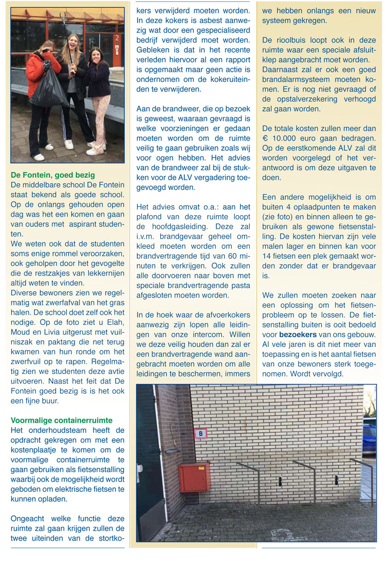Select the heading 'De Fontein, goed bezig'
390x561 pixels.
click(53, 175)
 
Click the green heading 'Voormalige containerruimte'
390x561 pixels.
click(61, 420)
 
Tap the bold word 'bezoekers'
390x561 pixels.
click(297, 335)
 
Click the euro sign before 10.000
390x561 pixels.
click(266, 138)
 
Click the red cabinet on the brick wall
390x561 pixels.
click(194, 477)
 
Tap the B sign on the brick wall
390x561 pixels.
click(200, 433)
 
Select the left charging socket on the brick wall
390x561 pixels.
click(280, 481)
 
